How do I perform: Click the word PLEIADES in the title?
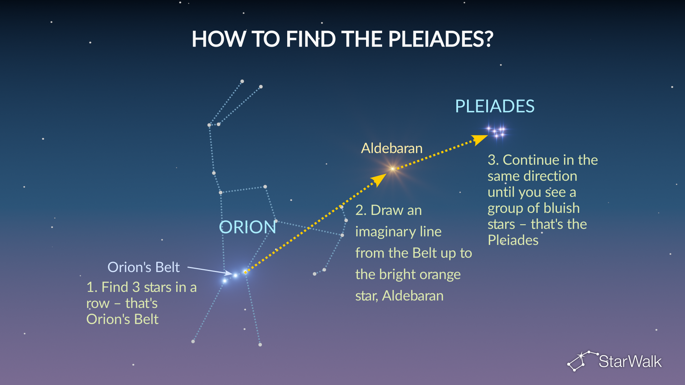(441, 39)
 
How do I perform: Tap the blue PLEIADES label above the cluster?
(495, 106)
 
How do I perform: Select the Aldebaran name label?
(392, 148)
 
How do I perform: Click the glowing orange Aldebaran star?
(392, 169)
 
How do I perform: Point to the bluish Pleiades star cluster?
(496, 131)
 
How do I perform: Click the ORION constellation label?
(248, 227)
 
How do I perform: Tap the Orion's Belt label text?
(143, 267)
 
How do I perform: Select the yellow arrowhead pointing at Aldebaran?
(379, 179)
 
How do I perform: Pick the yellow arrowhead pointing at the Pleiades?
(480, 139)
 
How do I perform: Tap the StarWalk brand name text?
(630, 361)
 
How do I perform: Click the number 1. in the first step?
(92, 287)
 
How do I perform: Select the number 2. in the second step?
(361, 210)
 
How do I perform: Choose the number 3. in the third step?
(493, 160)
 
